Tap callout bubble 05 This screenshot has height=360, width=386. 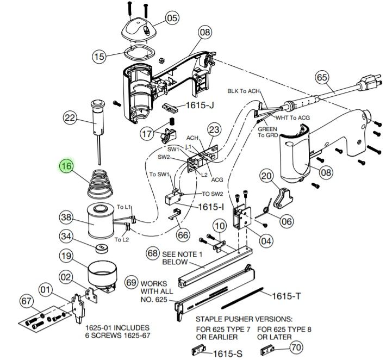click(x=172, y=18)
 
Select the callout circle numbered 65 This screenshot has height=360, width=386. click(x=322, y=78)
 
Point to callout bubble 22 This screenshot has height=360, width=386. click(x=70, y=117)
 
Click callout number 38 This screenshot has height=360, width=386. click(x=66, y=218)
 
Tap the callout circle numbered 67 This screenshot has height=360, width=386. click(x=26, y=301)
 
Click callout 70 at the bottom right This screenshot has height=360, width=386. click(x=296, y=346)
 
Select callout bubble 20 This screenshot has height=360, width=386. click(x=266, y=176)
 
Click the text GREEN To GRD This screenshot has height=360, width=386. click(x=267, y=132)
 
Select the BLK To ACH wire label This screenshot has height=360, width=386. click(x=244, y=91)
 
